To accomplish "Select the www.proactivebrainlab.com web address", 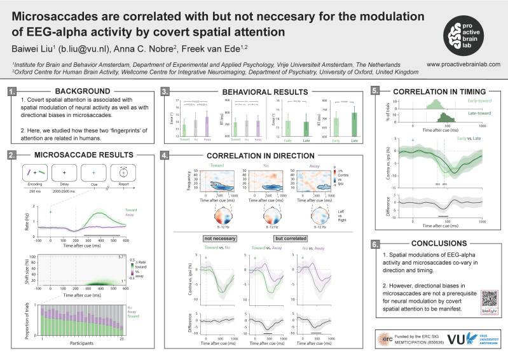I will pos(463,64).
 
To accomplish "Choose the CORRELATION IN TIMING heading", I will pos(439,92).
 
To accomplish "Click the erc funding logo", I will pos(383,338).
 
